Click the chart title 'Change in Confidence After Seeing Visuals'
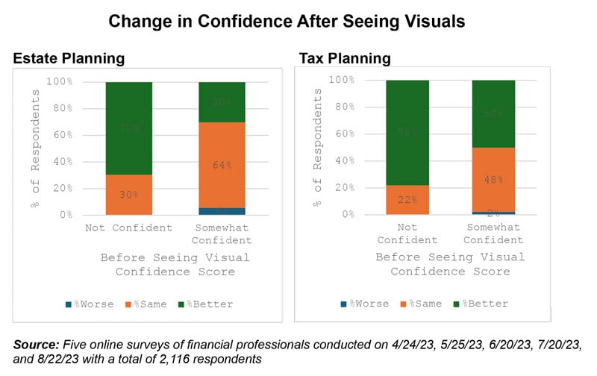(287, 21)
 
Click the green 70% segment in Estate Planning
(128, 128)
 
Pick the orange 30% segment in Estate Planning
(128, 194)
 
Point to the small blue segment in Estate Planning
(222, 211)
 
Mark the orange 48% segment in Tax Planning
(493, 179)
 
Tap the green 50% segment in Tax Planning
(493, 113)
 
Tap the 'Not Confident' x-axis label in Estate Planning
(128, 228)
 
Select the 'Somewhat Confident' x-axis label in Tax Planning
(493, 234)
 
